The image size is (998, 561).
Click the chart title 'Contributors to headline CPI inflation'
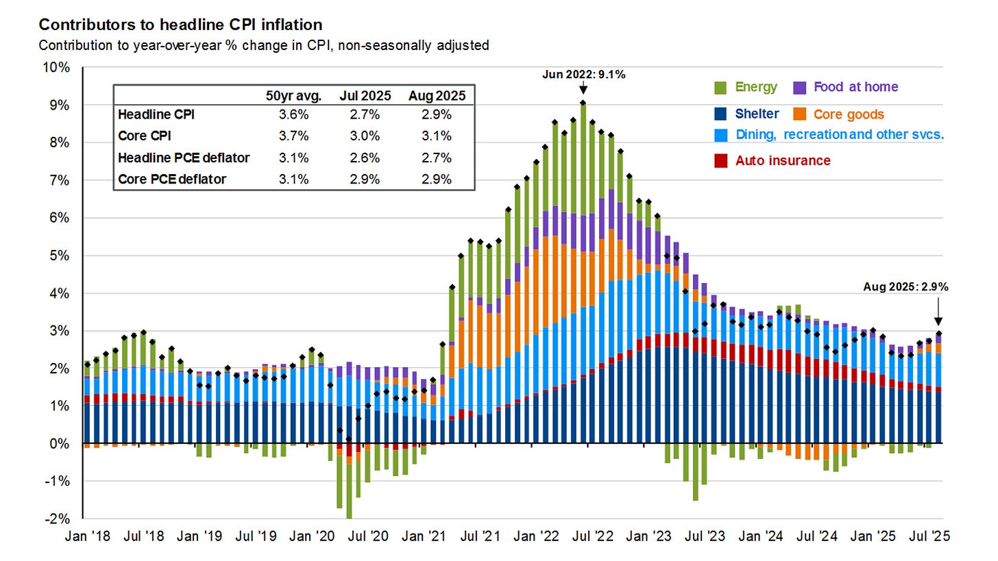[180, 25]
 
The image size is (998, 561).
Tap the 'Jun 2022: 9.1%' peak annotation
[583, 75]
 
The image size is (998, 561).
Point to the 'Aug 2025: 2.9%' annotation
[905, 287]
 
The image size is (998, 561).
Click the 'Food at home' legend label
[855, 87]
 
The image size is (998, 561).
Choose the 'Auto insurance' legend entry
[782, 161]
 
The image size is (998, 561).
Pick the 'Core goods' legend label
[849, 114]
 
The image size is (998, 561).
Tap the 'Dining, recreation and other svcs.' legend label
[840, 134]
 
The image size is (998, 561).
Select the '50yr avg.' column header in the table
[288, 96]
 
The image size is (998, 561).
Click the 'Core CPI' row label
[144, 136]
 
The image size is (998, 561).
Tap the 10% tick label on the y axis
[57, 68]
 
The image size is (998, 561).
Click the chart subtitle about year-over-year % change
[264, 46]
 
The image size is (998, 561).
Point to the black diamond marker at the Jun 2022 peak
[583, 103]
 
